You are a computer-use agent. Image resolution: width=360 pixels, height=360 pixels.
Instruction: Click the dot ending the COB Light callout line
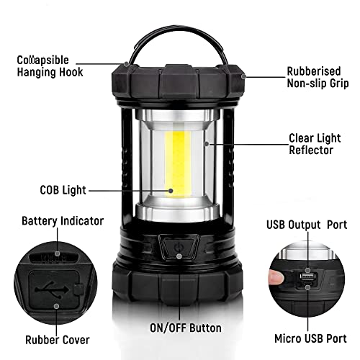(x=171, y=191)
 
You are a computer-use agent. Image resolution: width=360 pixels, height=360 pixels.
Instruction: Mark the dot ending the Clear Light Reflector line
(x=206, y=144)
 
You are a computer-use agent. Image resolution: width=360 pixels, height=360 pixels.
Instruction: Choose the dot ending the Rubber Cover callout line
(x=55, y=304)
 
